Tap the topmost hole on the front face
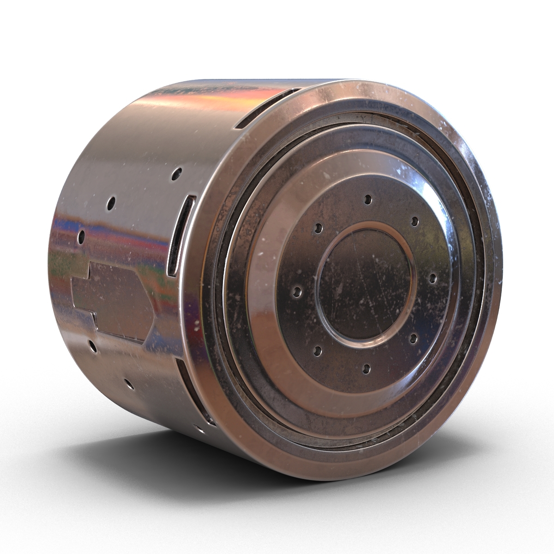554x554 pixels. point(367,200)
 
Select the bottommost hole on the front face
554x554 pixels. point(365,368)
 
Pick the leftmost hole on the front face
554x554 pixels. point(297,292)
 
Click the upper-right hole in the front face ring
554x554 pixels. point(415,220)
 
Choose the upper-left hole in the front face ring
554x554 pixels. point(318,228)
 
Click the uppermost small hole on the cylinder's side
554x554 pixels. point(176,175)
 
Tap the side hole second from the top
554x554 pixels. point(111,202)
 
